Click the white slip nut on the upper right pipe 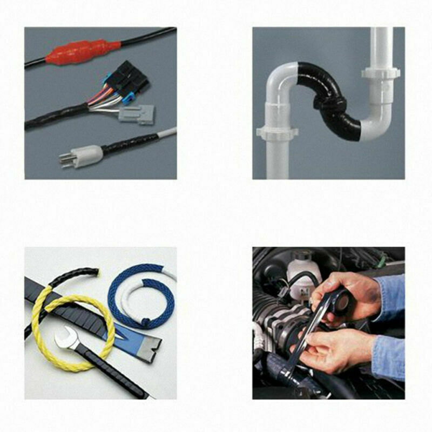click(382, 72)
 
